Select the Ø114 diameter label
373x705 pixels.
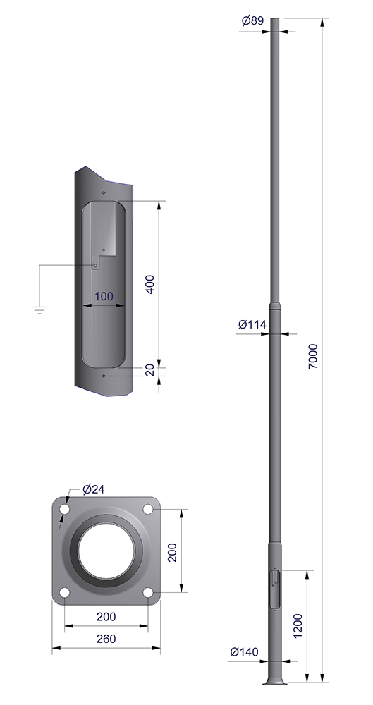tap(252, 324)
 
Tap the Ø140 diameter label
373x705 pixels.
tap(244, 651)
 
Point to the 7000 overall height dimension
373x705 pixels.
tap(313, 356)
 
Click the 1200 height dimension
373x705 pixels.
tap(298, 625)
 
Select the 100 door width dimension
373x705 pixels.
tap(104, 296)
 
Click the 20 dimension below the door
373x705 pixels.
tap(150, 369)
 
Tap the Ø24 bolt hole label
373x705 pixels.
tap(94, 489)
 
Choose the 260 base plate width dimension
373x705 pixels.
tap(106, 639)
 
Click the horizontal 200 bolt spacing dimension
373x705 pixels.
tap(106, 617)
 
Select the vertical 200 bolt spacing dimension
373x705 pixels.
tap(172, 552)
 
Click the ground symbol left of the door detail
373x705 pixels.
tap(39, 309)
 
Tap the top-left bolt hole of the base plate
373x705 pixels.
tap(65, 510)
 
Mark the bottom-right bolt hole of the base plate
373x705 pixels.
tap(148, 593)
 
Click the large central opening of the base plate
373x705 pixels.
tap(106, 551)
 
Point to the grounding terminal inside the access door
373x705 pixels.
tap(95, 266)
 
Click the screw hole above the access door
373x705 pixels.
tap(104, 193)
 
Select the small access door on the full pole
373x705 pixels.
tap(274, 583)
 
